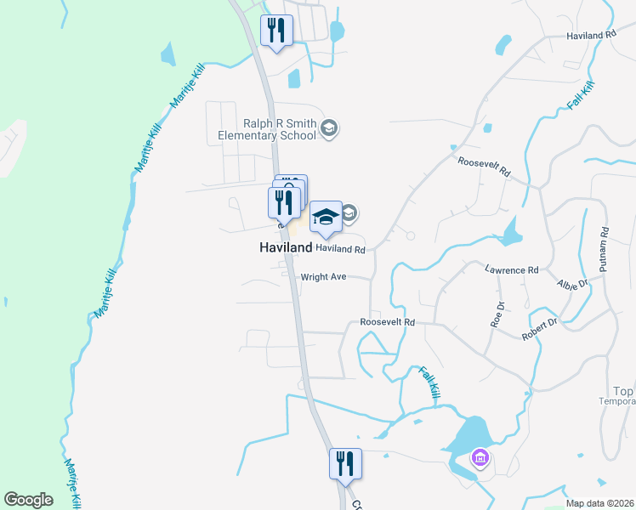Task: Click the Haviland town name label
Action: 286,247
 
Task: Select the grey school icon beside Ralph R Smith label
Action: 330,129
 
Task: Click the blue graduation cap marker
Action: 326,218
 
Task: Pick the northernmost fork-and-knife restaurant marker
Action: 276,31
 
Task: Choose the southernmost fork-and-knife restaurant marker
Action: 345,464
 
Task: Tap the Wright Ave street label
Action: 322,277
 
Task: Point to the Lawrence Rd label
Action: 512,269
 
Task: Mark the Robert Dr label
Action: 540,329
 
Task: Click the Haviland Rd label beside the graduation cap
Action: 340,250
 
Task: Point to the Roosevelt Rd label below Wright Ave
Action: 387,322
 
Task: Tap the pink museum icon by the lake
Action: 480,459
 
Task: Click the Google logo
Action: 28,500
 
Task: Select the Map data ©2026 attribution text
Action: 599,503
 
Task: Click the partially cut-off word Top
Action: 623,392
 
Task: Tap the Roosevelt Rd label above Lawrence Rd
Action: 484,167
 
